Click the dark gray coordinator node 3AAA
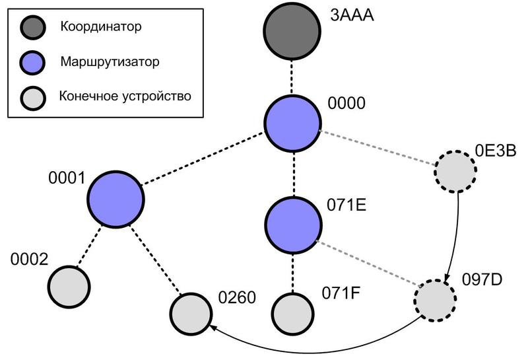pyautogui.click(x=292, y=32)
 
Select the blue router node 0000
pyautogui.click(x=292, y=122)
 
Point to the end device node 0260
pyautogui.click(x=191, y=311)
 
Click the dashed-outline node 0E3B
pyautogui.click(x=455, y=170)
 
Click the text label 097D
pyautogui.click(x=482, y=277)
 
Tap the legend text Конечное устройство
pyautogui.click(x=125, y=96)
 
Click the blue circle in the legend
pyautogui.click(x=32, y=62)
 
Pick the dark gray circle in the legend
pyautogui.click(x=32, y=28)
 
